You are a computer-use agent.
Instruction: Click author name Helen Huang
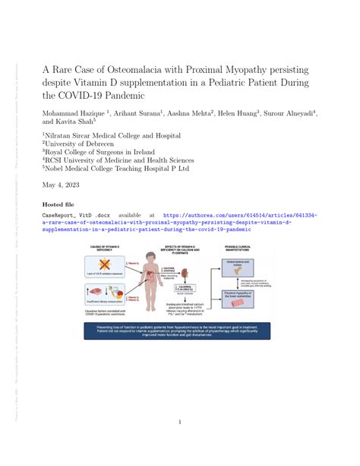(x=237, y=113)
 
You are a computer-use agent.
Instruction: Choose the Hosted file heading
(x=59, y=205)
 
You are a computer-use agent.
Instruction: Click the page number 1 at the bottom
(x=180, y=421)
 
